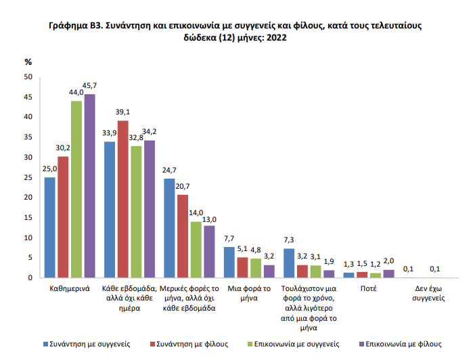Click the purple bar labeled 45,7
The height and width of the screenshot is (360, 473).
[x=89, y=186]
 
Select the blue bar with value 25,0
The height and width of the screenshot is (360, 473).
[x=49, y=227]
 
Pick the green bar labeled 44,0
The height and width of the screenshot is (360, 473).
[x=76, y=189]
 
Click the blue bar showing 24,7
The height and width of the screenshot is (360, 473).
[x=169, y=228]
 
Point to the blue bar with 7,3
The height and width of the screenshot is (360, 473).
[x=289, y=263]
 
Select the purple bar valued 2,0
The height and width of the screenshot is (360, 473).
[x=388, y=273]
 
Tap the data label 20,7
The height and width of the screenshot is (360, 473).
[x=183, y=187]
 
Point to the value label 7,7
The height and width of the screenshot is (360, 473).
[x=229, y=239]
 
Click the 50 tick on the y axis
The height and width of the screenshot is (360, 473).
[x=28, y=77]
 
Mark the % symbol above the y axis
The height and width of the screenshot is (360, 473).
[x=28, y=62]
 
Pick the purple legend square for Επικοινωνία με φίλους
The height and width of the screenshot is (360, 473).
[x=363, y=344]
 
